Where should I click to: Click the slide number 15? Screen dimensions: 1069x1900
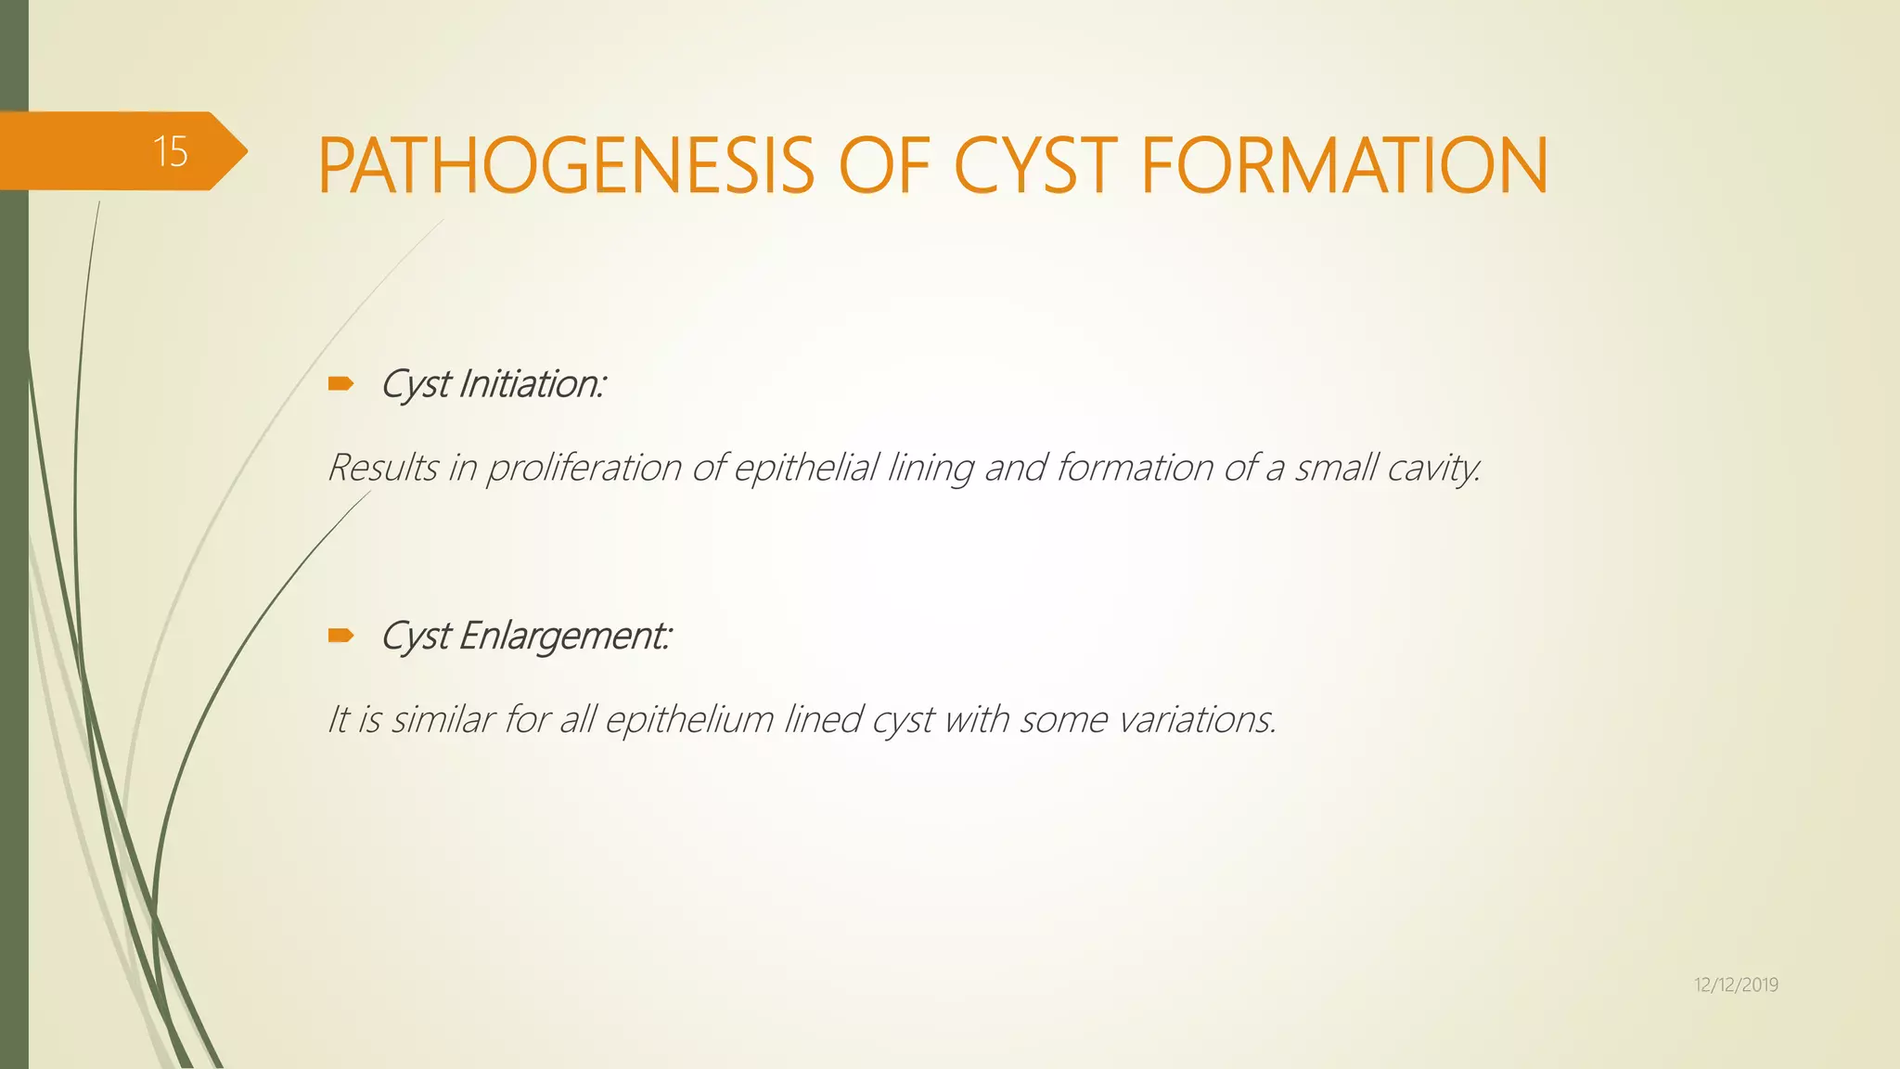171,151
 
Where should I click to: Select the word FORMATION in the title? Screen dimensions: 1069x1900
1343,165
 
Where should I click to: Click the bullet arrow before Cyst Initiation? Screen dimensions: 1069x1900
340,383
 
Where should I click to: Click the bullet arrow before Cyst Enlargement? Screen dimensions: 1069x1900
340,636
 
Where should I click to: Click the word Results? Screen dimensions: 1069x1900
382,467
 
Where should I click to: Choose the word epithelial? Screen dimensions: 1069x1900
805,468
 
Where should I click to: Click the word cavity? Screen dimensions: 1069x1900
1433,468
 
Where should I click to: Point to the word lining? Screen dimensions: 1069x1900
931,468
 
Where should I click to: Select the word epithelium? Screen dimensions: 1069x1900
689,720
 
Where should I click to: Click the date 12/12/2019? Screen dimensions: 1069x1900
1736,985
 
